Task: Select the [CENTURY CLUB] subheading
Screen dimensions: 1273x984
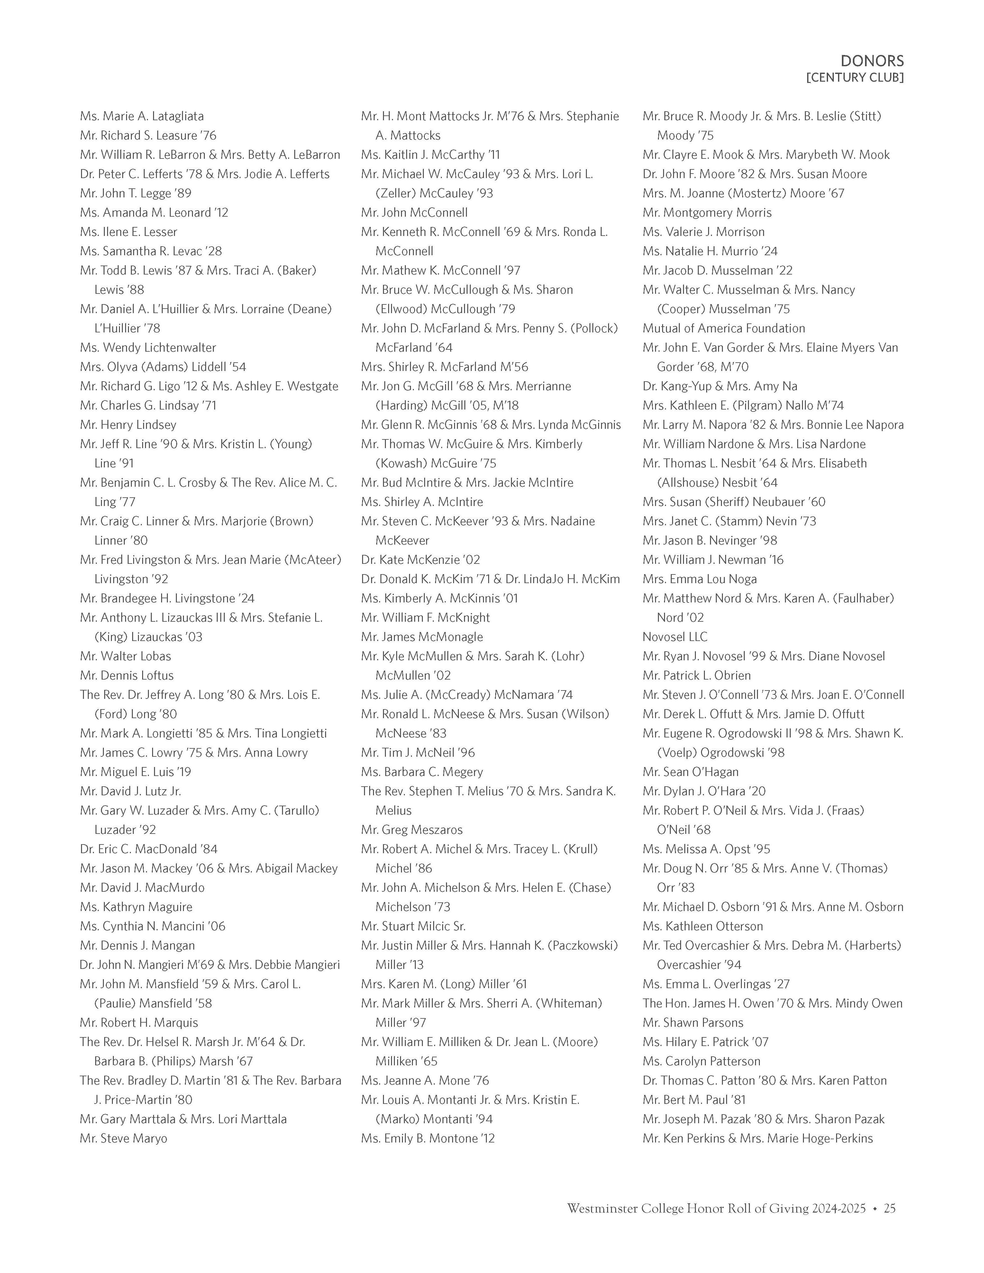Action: (855, 77)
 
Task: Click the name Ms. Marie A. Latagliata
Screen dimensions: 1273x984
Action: (142, 116)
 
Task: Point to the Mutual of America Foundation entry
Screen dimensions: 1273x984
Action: (724, 328)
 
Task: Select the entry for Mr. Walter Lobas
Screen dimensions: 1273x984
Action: (125, 656)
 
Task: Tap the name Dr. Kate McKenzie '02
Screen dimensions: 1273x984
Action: (420, 560)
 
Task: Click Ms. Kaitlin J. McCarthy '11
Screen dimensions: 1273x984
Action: (430, 154)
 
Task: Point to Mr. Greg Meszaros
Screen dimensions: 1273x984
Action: (412, 829)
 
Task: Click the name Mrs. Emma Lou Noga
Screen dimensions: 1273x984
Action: (699, 579)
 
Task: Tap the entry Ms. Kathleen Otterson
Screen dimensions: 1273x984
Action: (702, 925)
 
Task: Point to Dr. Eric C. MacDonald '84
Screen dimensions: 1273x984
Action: (149, 849)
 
